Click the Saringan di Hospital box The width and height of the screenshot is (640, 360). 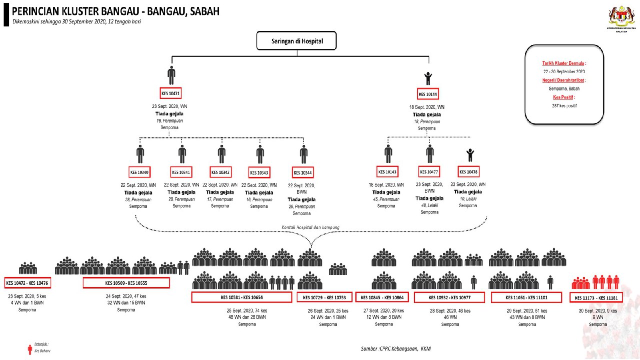coord(296,41)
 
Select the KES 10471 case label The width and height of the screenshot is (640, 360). coord(170,93)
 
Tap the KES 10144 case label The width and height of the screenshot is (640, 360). coord(428,94)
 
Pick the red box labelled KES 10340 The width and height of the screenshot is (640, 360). coord(139,172)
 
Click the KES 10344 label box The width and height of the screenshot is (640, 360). coord(303,172)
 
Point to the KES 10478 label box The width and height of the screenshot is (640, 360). coord(468,172)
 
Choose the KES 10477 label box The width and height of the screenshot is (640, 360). coord(429,172)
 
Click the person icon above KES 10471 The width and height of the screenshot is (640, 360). coord(171,75)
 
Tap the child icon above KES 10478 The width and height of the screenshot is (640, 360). coord(469,155)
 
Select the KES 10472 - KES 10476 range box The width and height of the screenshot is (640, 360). coord(28,283)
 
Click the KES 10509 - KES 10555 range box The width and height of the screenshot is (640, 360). coord(126,283)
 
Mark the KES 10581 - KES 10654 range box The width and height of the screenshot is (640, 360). coord(241,297)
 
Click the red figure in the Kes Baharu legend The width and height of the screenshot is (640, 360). coord(30,348)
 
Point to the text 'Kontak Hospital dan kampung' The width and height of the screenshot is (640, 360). coord(310,227)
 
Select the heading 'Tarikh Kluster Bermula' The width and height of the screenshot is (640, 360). coord(564,63)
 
